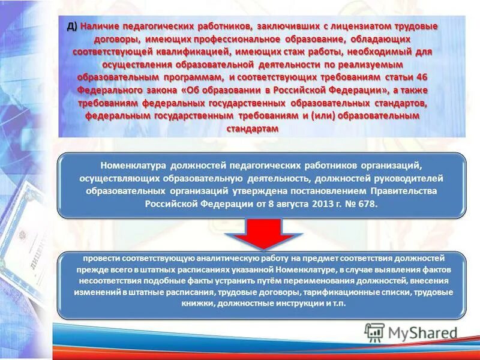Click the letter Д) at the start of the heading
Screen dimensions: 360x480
pyautogui.click(x=71, y=26)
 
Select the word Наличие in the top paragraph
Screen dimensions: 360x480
pyautogui.click(x=100, y=26)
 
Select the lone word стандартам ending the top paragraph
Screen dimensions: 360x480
pyautogui.click(x=253, y=128)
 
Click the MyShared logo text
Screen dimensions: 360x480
pyautogui.click(x=421, y=333)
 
